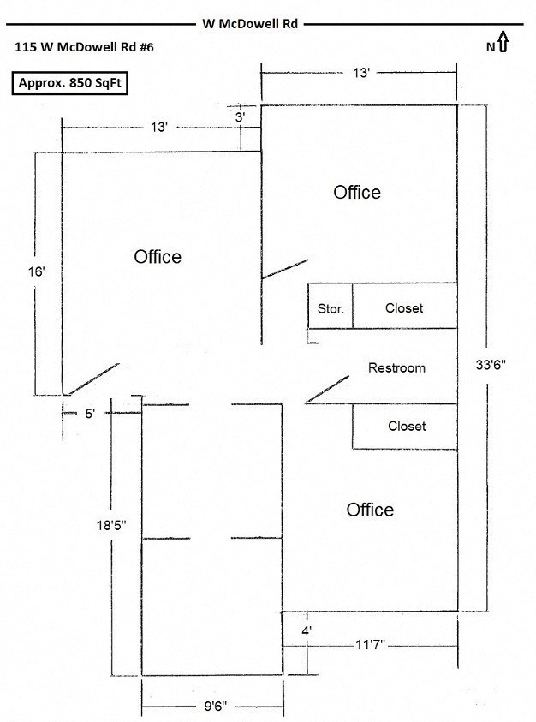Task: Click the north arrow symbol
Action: coord(503,42)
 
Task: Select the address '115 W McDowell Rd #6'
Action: coord(84,49)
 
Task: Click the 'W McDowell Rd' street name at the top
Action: coord(250,25)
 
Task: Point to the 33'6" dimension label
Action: coord(491,364)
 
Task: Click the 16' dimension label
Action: coord(35,271)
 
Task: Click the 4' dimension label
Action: coord(307,630)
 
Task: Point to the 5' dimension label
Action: coord(91,413)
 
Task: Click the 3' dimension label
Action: coord(241,116)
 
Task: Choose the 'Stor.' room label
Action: coord(331,308)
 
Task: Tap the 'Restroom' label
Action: coord(396,368)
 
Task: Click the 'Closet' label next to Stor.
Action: coord(404,308)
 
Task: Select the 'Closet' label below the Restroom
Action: coord(407,426)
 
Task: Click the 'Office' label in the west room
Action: coord(158,257)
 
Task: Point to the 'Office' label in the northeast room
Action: coord(357,192)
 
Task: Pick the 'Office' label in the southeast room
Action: coord(370,510)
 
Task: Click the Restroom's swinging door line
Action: coord(328,389)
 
